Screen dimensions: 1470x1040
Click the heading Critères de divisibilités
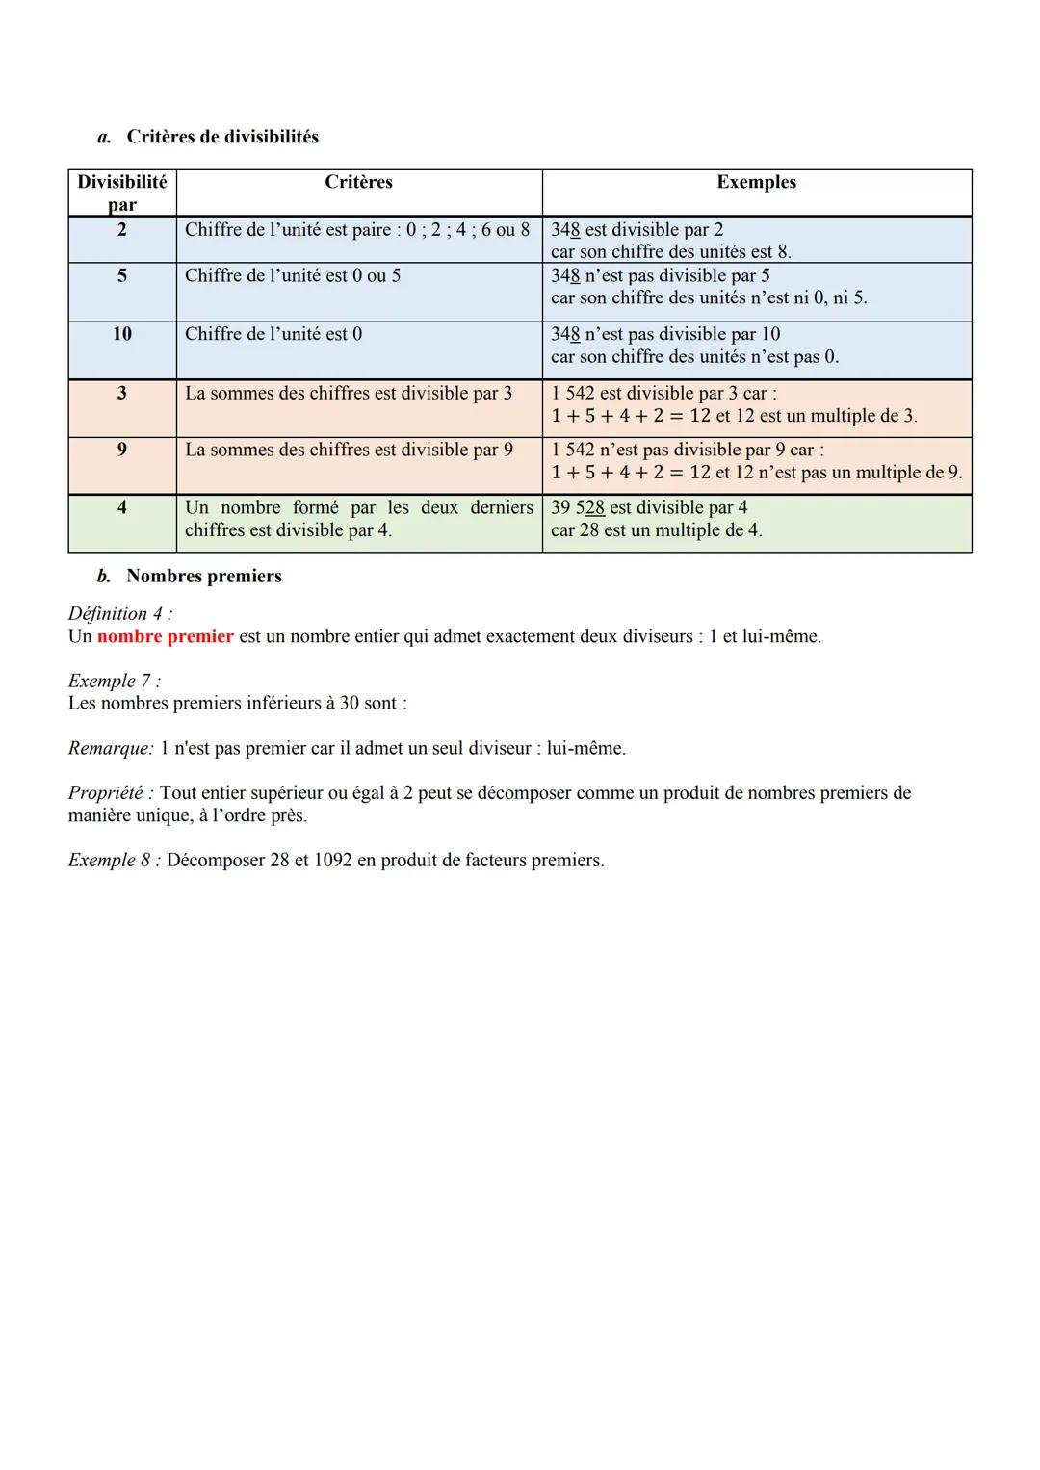(222, 137)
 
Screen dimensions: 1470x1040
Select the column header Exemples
(756, 182)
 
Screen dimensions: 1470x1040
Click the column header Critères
(358, 182)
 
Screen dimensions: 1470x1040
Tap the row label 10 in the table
(121, 334)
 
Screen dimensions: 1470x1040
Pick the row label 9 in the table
(121, 450)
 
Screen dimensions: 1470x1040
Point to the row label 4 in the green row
(121, 507)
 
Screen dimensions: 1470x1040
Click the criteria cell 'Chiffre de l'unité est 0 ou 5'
(293, 275)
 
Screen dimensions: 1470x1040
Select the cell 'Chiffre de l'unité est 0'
(273, 334)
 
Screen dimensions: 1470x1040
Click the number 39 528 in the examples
(578, 507)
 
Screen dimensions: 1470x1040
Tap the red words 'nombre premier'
(166, 636)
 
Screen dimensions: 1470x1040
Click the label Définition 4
(119, 614)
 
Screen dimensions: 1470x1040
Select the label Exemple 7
(114, 681)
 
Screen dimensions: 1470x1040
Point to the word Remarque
(110, 748)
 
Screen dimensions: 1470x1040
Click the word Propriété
(109, 793)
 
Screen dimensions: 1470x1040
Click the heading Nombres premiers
(204, 576)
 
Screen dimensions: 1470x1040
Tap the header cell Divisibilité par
(121, 193)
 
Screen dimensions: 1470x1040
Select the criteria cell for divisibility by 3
(349, 393)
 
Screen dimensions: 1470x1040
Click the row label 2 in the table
(121, 229)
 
